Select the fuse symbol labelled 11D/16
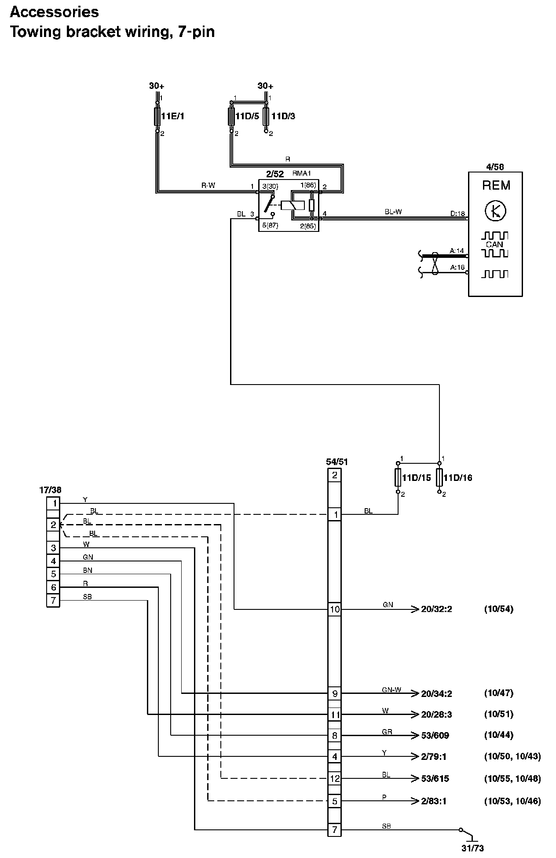click(439, 478)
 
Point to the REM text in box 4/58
click(496, 185)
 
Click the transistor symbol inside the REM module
click(495, 211)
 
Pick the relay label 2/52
click(275, 174)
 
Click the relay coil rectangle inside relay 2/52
click(292, 205)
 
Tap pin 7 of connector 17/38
click(53, 601)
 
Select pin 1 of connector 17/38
click(53, 503)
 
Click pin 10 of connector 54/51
click(335, 609)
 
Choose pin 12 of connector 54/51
click(335, 778)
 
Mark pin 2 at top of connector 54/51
click(335, 475)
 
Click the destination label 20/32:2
click(436, 609)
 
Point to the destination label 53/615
click(435, 778)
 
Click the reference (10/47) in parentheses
click(498, 693)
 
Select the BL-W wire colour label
click(393, 212)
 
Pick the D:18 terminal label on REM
click(457, 214)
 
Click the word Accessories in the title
click(54, 12)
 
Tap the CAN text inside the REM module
click(494, 245)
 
